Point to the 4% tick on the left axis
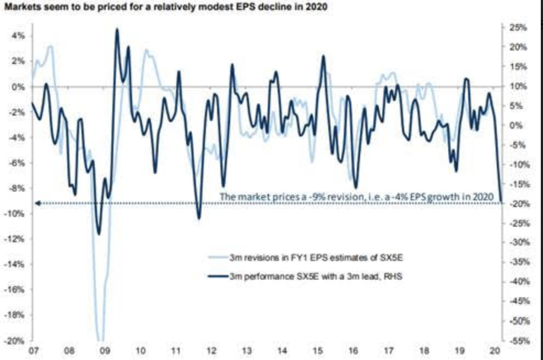[18, 36]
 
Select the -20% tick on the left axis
[16, 341]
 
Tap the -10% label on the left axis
[16, 214]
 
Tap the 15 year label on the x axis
[318, 351]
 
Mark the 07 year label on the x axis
[32, 351]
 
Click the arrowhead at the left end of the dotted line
[36, 203]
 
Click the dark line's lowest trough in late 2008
[99, 234]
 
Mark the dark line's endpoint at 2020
[502, 202]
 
